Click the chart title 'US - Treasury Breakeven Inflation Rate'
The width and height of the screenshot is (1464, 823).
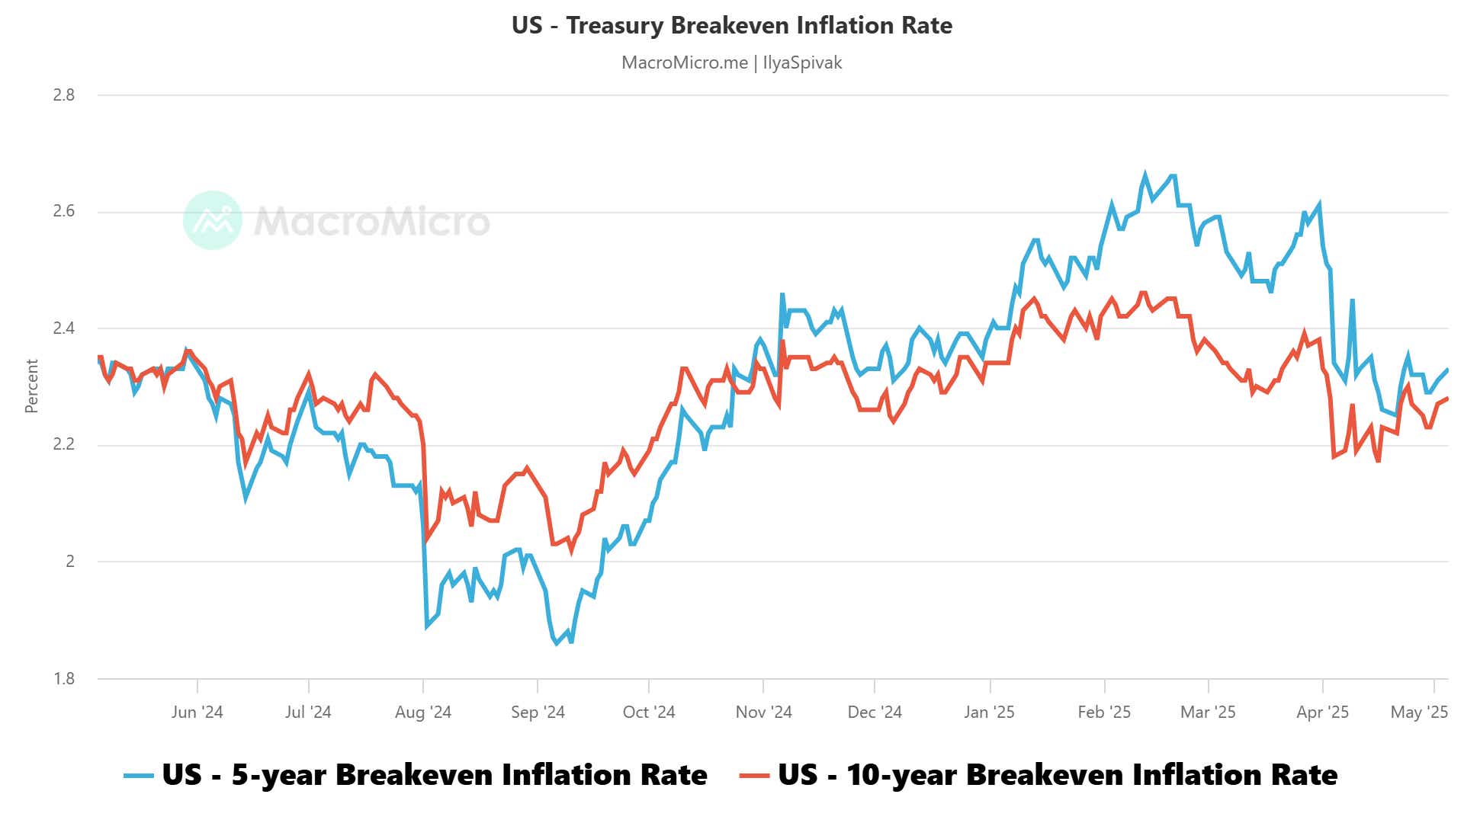pyautogui.click(x=731, y=25)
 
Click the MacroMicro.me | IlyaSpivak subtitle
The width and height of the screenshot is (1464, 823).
pyautogui.click(x=731, y=62)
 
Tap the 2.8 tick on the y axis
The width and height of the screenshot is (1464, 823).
pyautogui.click(x=64, y=95)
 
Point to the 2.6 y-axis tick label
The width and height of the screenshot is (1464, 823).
pyautogui.click(x=64, y=212)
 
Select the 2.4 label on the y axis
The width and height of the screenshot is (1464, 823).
pyautogui.click(x=64, y=328)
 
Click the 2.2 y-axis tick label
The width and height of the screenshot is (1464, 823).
pyautogui.click(x=64, y=445)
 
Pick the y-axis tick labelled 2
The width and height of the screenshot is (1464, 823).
pyautogui.click(x=70, y=562)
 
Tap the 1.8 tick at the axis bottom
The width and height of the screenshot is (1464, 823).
pyautogui.click(x=64, y=678)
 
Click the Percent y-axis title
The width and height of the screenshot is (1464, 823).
pyautogui.click(x=31, y=386)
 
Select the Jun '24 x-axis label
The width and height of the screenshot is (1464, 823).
pyautogui.click(x=197, y=712)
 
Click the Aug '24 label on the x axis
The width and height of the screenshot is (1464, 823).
pyautogui.click(x=423, y=712)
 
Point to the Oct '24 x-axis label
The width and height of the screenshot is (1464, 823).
pyautogui.click(x=649, y=712)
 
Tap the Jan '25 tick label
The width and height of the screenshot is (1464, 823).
pyautogui.click(x=989, y=712)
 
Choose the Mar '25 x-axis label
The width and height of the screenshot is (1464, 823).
pyautogui.click(x=1208, y=712)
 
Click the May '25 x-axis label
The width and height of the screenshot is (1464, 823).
pyautogui.click(x=1419, y=712)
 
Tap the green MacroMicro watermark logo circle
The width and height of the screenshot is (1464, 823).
pyautogui.click(x=213, y=220)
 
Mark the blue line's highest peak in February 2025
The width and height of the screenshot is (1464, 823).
pyautogui.click(x=1145, y=175)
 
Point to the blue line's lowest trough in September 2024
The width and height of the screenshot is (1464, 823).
pyautogui.click(x=556, y=644)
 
